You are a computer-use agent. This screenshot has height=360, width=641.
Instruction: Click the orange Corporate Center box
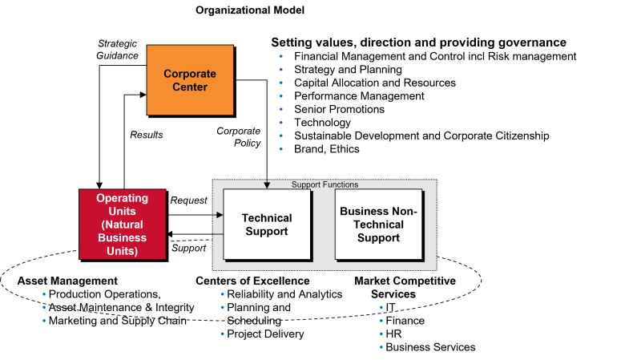(x=190, y=79)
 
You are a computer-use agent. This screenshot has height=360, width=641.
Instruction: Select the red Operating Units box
(x=123, y=224)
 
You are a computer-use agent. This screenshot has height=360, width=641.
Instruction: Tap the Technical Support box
(x=267, y=224)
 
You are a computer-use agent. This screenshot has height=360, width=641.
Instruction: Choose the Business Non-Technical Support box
(x=378, y=224)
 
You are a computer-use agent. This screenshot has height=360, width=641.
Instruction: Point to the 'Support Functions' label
(x=325, y=184)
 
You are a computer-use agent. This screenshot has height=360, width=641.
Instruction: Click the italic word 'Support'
(x=188, y=249)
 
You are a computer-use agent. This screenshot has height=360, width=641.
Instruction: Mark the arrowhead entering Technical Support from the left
(x=220, y=215)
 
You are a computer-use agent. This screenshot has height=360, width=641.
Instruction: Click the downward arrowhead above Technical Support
(x=267, y=186)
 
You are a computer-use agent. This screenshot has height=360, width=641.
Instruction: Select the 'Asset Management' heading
(x=67, y=281)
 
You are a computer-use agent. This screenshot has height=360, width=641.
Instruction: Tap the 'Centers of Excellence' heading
(x=252, y=281)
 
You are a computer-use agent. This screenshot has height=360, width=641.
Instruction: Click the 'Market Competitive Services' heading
(x=405, y=287)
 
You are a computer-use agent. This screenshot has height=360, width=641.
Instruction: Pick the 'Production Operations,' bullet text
(x=104, y=294)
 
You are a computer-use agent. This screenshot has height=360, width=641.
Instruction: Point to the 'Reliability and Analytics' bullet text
(x=284, y=294)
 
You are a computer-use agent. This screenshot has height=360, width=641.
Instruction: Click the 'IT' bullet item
(x=391, y=307)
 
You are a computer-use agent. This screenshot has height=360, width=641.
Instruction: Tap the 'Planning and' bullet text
(x=258, y=307)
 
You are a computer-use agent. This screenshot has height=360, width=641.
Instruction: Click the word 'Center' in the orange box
(x=190, y=87)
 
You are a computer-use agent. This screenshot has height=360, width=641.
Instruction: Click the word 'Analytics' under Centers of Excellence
(x=318, y=294)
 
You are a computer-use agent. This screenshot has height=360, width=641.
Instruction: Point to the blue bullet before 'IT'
(x=381, y=307)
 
